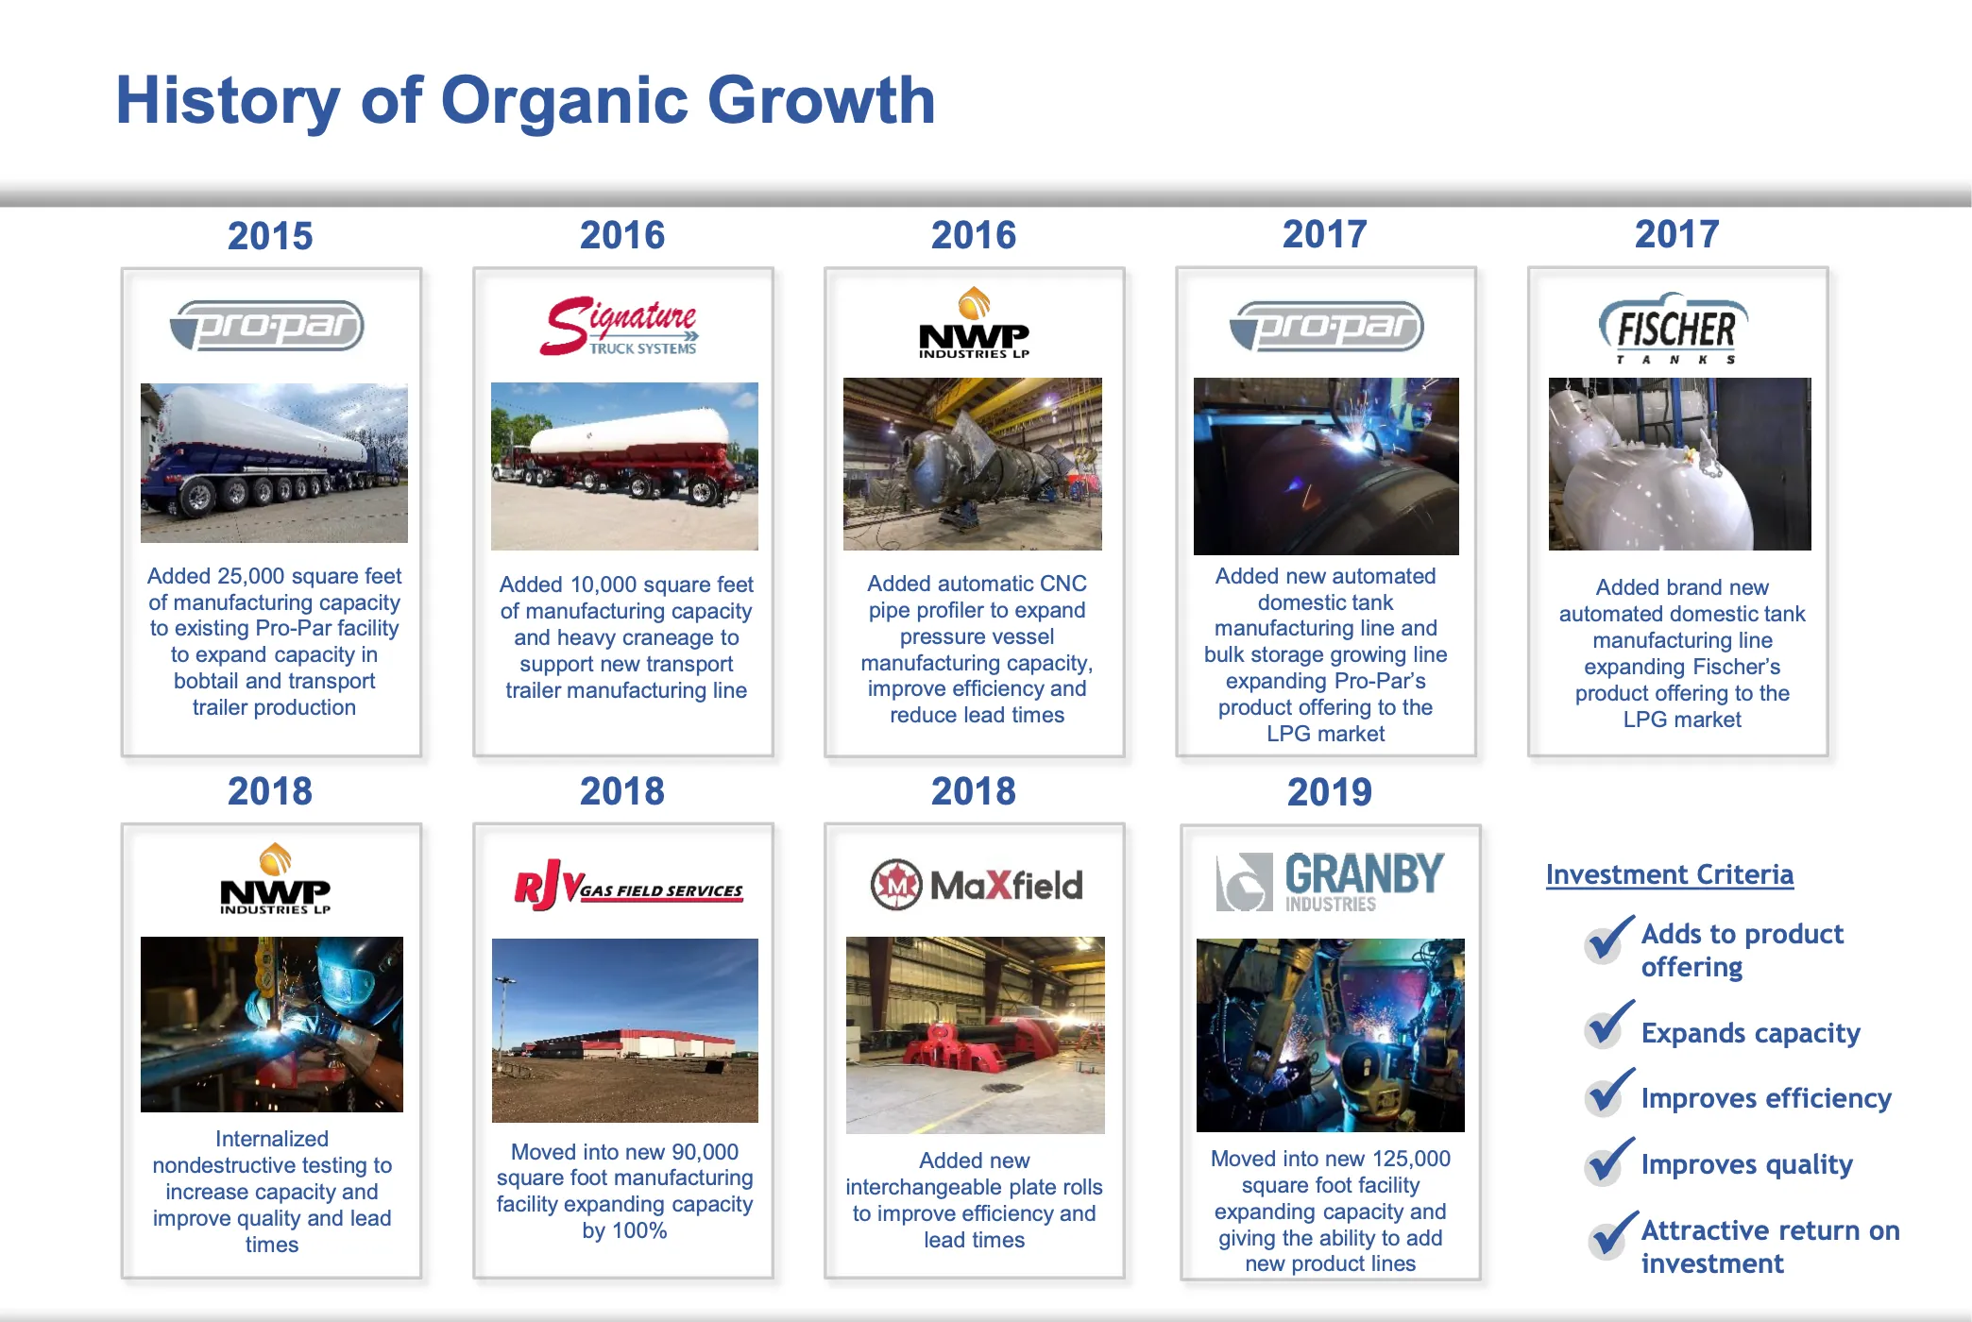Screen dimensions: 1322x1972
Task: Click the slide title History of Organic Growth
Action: click(x=525, y=100)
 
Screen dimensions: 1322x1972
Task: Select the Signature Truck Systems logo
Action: click(x=620, y=327)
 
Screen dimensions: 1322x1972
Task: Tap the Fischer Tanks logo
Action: click(x=1674, y=329)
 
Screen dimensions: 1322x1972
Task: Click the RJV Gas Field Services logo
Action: click(x=627, y=885)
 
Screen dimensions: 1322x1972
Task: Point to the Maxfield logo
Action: click(x=976, y=885)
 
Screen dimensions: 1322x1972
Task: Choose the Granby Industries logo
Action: click(x=1330, y=881)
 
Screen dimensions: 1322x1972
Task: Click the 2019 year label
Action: click(x=1329, y=792)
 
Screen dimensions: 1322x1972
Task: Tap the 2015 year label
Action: click(x=270, y=236)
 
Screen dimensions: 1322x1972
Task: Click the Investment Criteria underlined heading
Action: click(x=1669, y=874)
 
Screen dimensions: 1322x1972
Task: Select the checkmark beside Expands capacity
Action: click(x=1608, y=1025)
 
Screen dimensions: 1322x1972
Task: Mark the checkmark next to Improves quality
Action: click(x=1608, y=1161)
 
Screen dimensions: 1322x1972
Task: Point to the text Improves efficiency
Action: click(x=1765, y=1098)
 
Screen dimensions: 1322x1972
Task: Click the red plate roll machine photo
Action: click(x=975, y=1035)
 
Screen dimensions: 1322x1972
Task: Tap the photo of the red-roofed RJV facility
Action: click(x=624, y=1030)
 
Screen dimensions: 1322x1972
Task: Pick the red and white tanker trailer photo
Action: click(x=624, y=466)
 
